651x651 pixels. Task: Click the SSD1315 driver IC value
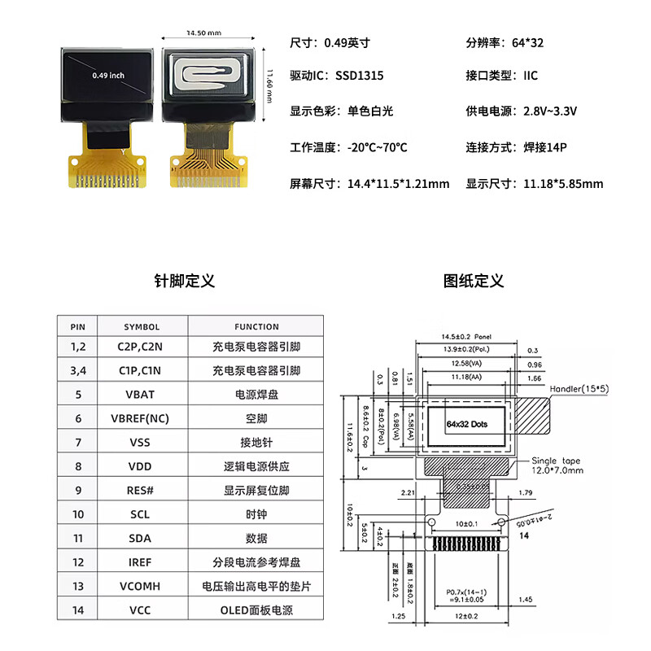click(x=360, y=76)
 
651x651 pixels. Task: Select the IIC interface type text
click(x=531, y=76)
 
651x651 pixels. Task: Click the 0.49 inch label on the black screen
click(x=108, y=75)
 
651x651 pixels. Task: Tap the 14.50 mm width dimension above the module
click(x=203, y=33)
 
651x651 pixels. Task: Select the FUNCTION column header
click(x=256, y=326)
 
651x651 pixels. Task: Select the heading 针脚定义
click(x=185, y=281)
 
